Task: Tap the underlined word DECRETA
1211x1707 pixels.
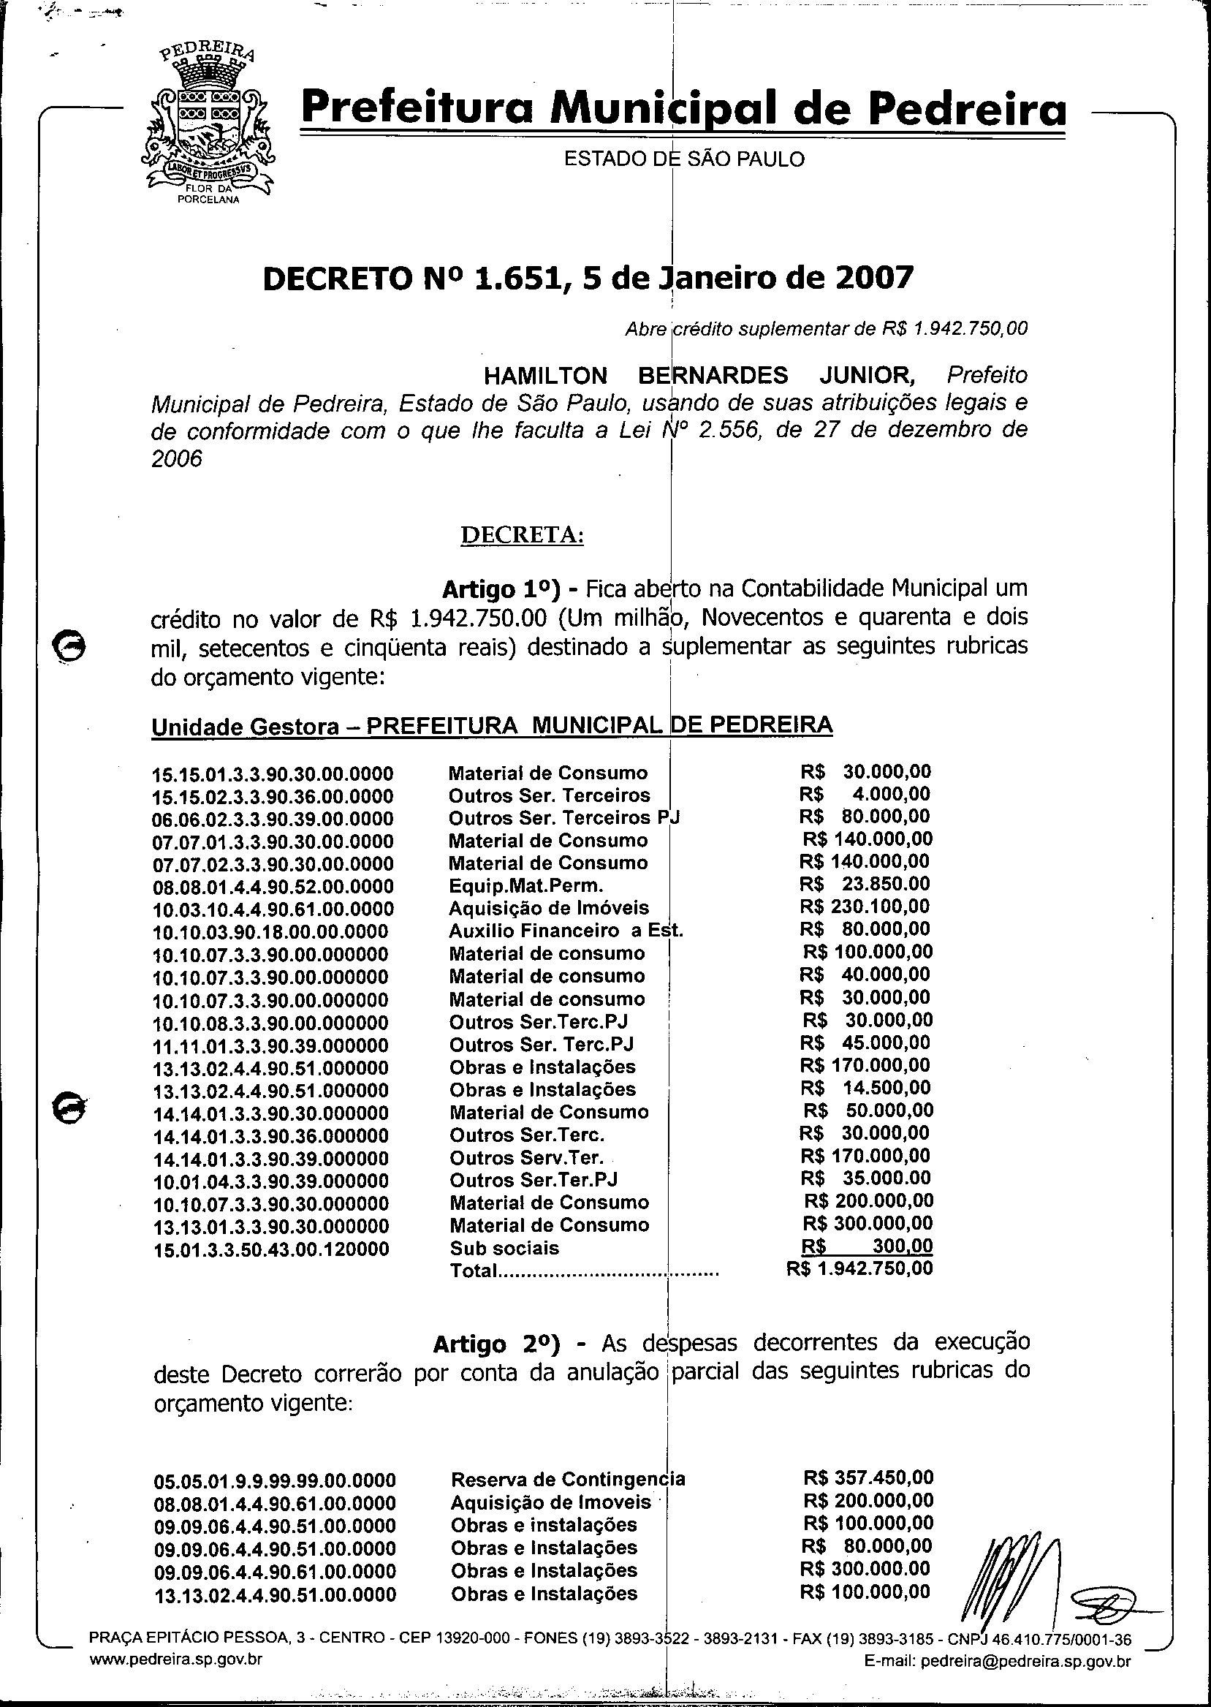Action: click(x=522, y=534)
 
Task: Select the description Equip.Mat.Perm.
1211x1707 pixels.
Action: click(x=525, y=885)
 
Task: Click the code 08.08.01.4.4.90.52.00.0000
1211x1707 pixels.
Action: click(x=273, y=887)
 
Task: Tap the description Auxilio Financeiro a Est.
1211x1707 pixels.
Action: click(x=566, y=931)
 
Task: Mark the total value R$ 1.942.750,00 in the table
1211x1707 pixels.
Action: click(x=859, y=1268)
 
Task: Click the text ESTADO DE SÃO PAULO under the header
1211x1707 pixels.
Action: click(x=684, y=159)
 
